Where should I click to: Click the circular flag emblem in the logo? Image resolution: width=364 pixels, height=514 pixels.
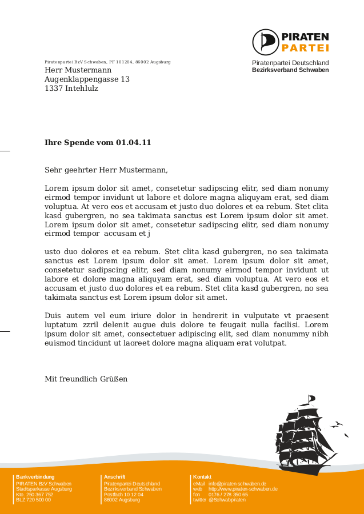266,42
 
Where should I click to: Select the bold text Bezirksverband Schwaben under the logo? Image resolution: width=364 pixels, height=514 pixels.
290,70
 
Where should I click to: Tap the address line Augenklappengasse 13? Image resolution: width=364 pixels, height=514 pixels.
87,79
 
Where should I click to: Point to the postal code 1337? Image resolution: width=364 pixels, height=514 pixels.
54,89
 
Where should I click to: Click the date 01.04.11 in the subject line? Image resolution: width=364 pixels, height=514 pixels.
134,142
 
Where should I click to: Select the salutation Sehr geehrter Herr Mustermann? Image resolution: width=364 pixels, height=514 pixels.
106,170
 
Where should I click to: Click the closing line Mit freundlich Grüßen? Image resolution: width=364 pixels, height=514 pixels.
86,379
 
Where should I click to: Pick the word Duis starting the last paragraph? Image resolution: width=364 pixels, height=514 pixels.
53,315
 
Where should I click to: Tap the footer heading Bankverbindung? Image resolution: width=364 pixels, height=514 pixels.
35,477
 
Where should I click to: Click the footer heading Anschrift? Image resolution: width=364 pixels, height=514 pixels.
114,477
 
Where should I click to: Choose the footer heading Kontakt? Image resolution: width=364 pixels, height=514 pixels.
202,477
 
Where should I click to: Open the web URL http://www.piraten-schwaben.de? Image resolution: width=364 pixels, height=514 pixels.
243,489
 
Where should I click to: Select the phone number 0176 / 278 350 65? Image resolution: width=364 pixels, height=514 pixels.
228,495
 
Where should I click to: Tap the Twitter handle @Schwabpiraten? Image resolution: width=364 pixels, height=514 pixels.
227,500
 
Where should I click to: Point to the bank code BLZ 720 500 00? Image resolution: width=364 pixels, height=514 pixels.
33,500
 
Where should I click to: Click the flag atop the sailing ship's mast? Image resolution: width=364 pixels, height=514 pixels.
311,397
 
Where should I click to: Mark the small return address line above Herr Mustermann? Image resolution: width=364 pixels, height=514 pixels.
107,62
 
